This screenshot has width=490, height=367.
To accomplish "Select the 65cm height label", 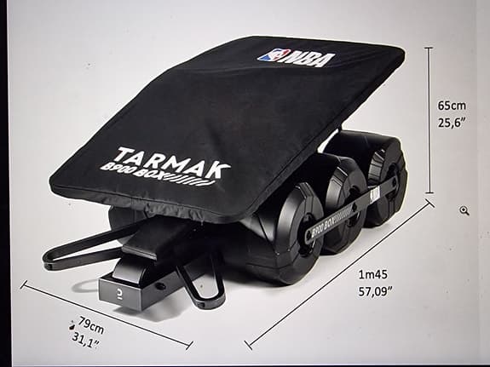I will point(453,106).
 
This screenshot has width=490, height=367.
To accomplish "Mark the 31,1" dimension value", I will point(85,343).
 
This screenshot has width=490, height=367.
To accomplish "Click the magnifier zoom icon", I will point(464,210).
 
